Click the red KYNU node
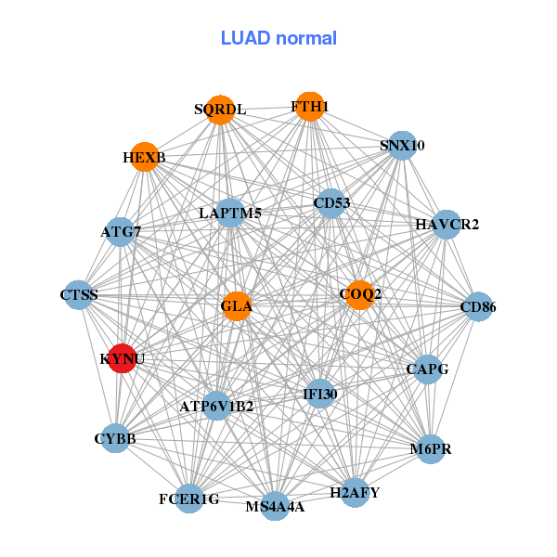(x=123, y=357)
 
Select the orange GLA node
(x=237, y=305)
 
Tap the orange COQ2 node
(x=359, y=294)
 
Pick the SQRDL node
(x=220, y=110)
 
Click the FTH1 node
(x=309, y=107)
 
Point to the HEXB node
(x=144, y=157)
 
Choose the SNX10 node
(x=402, y=146)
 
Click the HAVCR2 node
(x=447, y=224)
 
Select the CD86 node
(x=477, y=306)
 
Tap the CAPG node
(x=428, y=369)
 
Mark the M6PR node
(x=430, y=450)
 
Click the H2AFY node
(x=356, y=492)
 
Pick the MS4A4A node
(x=275, y=506)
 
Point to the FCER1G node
(x=189, y=499)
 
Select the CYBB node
(x=115, y=437)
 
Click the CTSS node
(x=79, y=295)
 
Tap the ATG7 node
(x=121, y=231)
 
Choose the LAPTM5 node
(x=229, y=214)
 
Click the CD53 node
(x=331, y=202)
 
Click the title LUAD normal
(x=278, y=38)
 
